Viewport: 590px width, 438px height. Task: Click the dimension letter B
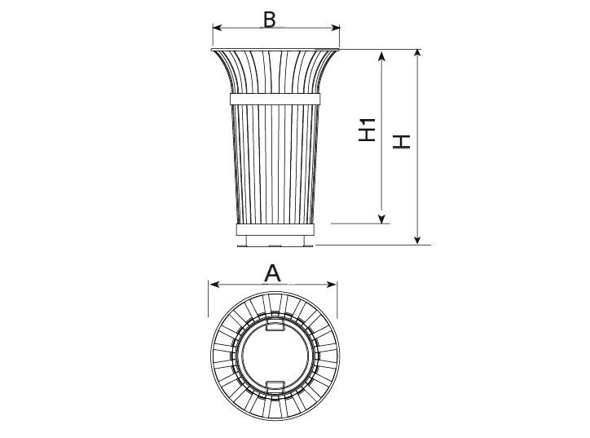[270, 20]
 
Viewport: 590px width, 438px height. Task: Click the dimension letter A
[272, 273]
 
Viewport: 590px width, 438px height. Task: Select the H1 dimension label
[367, 130]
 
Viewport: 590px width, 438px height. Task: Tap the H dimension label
[402, 141]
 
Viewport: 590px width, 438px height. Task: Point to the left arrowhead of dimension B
[218, 28]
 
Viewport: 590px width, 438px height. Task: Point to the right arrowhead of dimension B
[335, 28]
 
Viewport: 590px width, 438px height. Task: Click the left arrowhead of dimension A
[214, 285]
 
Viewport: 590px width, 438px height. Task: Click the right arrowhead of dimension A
[332, 285]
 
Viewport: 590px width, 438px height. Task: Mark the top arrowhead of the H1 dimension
[382, 56]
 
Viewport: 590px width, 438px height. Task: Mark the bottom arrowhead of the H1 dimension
[382, 219]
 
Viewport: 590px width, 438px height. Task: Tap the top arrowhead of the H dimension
[417, 54]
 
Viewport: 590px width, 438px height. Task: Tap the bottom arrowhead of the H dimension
[417, 240]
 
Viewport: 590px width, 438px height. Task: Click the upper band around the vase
[275, 99]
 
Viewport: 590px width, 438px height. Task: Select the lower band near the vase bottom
[275, 229]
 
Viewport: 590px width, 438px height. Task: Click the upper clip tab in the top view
[275, 325]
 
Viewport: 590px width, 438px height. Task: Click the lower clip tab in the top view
[275, 386]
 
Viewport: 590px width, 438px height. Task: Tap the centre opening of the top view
[275, 356]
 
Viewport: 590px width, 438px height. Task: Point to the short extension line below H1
[360, 223]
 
